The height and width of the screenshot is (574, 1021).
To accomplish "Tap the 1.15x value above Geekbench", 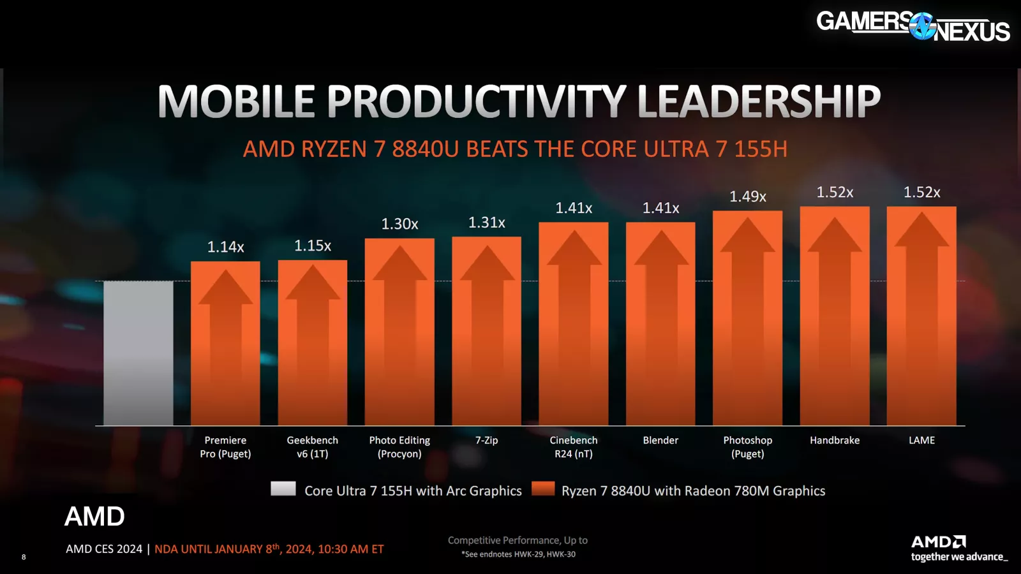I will (313, 246).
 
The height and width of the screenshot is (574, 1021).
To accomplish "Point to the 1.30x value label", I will (399, 224).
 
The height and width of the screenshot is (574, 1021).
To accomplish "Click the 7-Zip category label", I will (486, 440).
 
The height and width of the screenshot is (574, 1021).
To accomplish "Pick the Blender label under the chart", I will (660, 440).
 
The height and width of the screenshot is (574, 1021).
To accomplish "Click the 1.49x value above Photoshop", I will (748, 196).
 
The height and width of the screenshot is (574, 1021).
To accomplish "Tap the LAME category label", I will (921, 440).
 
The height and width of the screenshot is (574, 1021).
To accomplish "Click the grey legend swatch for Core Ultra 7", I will (283, 489).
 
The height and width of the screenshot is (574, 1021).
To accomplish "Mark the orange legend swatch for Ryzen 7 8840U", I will (543, 489).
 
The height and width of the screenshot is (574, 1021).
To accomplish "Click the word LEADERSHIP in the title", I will (759, 101).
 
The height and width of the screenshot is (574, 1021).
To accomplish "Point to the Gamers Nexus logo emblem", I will (922, 26).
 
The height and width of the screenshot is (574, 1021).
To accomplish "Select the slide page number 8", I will (24, 557).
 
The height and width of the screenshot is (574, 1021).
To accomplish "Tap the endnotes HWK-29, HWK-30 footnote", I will (518, 554).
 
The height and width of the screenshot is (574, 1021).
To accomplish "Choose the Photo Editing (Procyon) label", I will (399, 447).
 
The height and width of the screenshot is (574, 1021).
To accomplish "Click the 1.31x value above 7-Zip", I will (486, 223).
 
